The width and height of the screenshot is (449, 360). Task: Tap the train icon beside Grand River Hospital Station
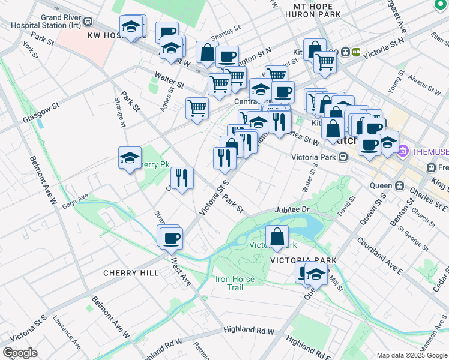[88, 21]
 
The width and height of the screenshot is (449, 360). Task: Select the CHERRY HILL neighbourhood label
[131, 273]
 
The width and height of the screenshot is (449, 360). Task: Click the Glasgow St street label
[41, 112]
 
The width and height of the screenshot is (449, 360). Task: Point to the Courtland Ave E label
[379, 252]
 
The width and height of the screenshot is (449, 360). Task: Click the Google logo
[19, 353]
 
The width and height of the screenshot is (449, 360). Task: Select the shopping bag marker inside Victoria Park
[277, 236]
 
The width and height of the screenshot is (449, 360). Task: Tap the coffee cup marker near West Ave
[171, 238]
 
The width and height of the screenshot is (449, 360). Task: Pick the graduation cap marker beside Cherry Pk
[130, 158]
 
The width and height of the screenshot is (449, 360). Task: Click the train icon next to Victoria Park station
[343, 158]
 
